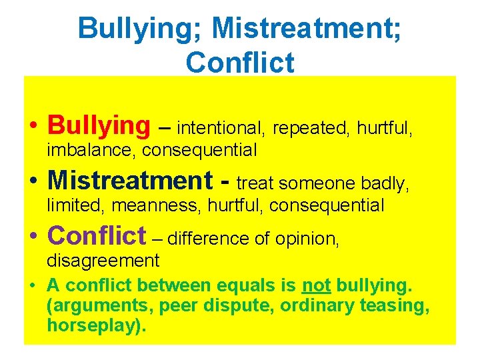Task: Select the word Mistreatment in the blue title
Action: (x=299, y=29)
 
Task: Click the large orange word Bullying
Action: (x=100, y=125)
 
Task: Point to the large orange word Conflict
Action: (x=97, y=235)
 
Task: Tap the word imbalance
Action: (x=91, y=151)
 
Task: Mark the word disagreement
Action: (x=103, y=261)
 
